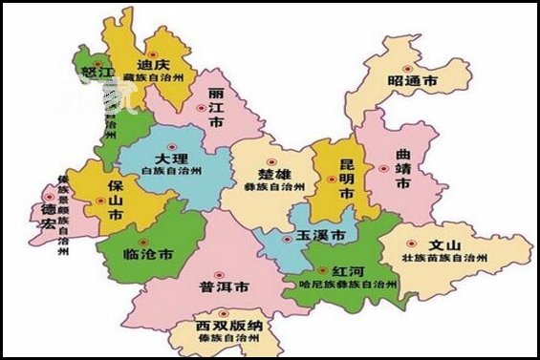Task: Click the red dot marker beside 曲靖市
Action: [383, 168]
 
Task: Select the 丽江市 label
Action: [217, 113]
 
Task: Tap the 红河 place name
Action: [347, 270]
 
